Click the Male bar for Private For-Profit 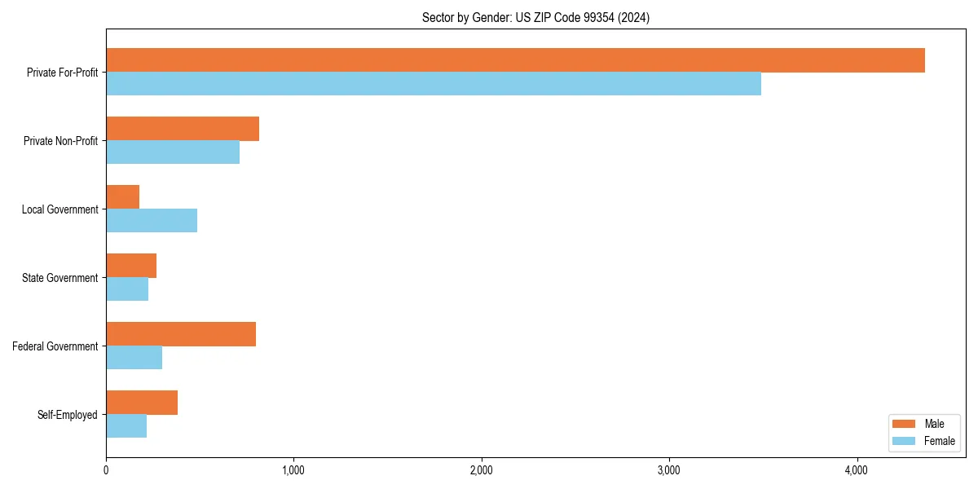click(x=515, y=60)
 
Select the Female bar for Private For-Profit click(x=434, y=84)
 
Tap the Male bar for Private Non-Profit click(x=183, y=129)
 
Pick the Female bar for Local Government click(x=152, y=221)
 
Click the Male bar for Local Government click(x=123, y=197)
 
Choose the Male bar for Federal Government click(x=181, y=334)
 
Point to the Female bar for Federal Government click(x=134, y=358)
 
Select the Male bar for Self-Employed click(x=142, y=403)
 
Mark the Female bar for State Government click(x=127, y=289)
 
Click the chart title click(x=535, y=17)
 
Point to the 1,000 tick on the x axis click(x=293, y=470)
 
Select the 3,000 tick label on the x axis click(x=668, y=470)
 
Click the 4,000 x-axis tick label click(x=857, y=470)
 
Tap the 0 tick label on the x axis click(x=106, y=470)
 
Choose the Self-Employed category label click(x=68, y=415)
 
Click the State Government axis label click(x=60, y=278)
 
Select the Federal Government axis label click(x=55, y=346)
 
